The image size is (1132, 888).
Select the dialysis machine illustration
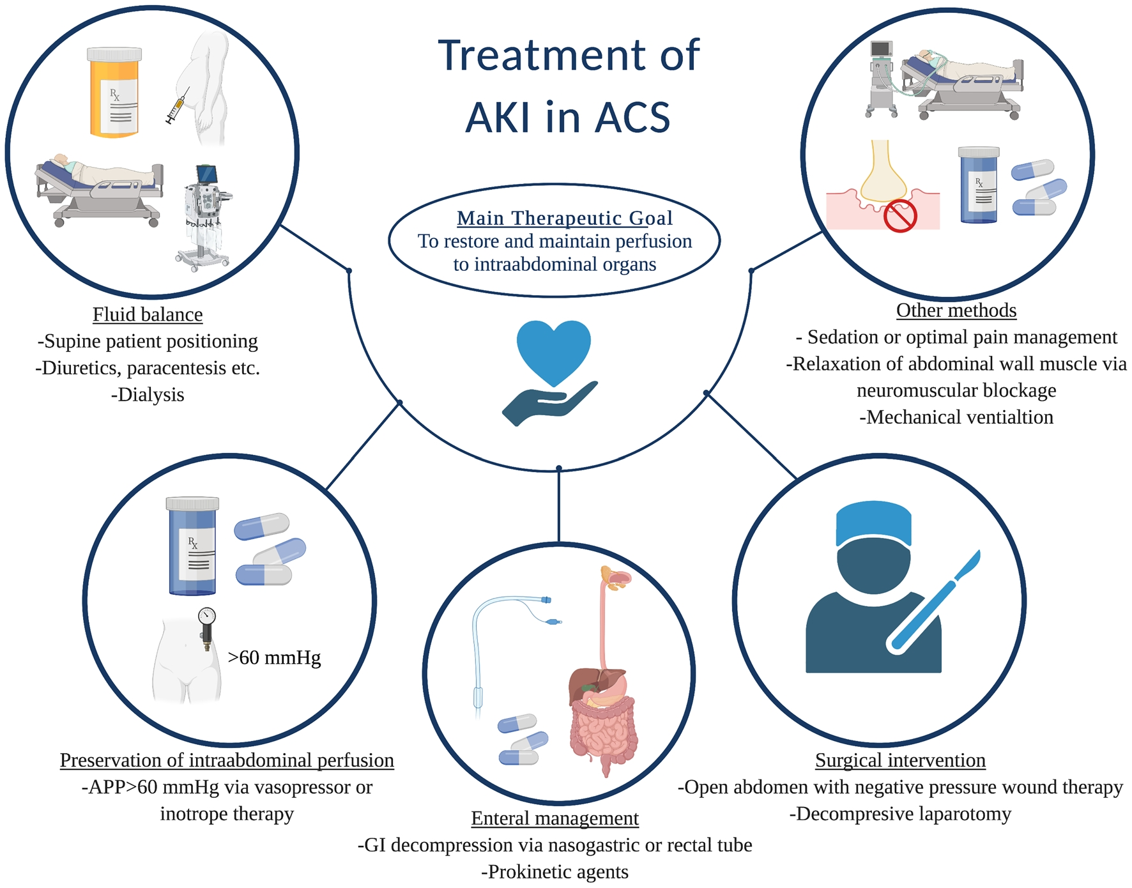pos(204,217)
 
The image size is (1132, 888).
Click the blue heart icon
pos(554,350)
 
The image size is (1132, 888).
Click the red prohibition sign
pos(900,216)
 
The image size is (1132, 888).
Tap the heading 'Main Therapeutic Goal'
pos(565,218)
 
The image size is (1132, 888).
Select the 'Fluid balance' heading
pos(148,314)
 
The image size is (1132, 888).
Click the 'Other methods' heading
pos(956,310)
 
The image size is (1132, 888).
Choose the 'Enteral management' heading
pos(555,818)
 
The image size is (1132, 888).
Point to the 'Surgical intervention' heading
pos(900,760)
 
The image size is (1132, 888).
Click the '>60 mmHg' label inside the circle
pos(274,657)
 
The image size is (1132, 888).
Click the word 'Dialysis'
pos(151,395)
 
